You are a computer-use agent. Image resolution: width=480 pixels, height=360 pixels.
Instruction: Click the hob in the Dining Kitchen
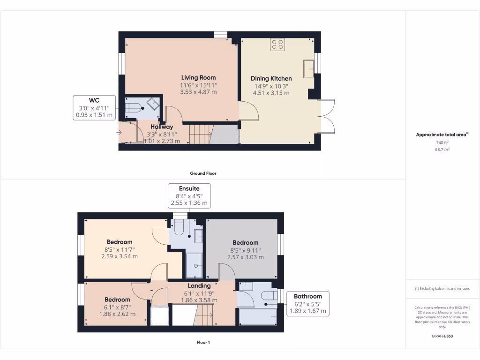point(277,45)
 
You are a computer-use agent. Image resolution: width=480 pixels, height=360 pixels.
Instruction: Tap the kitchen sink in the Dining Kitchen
point(309,68)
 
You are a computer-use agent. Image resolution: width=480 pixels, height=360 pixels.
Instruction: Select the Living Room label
point(199,77)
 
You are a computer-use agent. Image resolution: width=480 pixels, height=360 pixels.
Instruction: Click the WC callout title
point(94,100)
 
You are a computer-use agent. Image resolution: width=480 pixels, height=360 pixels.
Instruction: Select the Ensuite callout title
point(189,188)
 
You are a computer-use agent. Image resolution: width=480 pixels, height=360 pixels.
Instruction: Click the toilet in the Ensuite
point(178,228)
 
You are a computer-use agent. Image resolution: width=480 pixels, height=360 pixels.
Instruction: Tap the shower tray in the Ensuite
point(194,265)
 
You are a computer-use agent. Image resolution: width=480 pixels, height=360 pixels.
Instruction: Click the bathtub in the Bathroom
point(257,316)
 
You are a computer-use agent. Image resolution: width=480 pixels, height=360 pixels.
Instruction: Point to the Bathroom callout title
point(307,296)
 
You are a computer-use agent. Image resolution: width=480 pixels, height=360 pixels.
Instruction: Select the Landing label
point(199,285)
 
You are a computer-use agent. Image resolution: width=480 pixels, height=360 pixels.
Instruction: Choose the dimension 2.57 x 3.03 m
point(245,257)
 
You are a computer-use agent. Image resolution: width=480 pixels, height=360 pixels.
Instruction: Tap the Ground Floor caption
point(203,173)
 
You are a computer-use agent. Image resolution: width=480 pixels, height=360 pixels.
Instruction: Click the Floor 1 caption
point(203,343)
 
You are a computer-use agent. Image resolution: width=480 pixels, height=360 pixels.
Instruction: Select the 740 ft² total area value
point(442,142)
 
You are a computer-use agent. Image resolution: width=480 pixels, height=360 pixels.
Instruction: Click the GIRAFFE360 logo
point(442,336)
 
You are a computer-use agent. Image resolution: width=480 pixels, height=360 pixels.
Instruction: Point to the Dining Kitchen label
point(271,78)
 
